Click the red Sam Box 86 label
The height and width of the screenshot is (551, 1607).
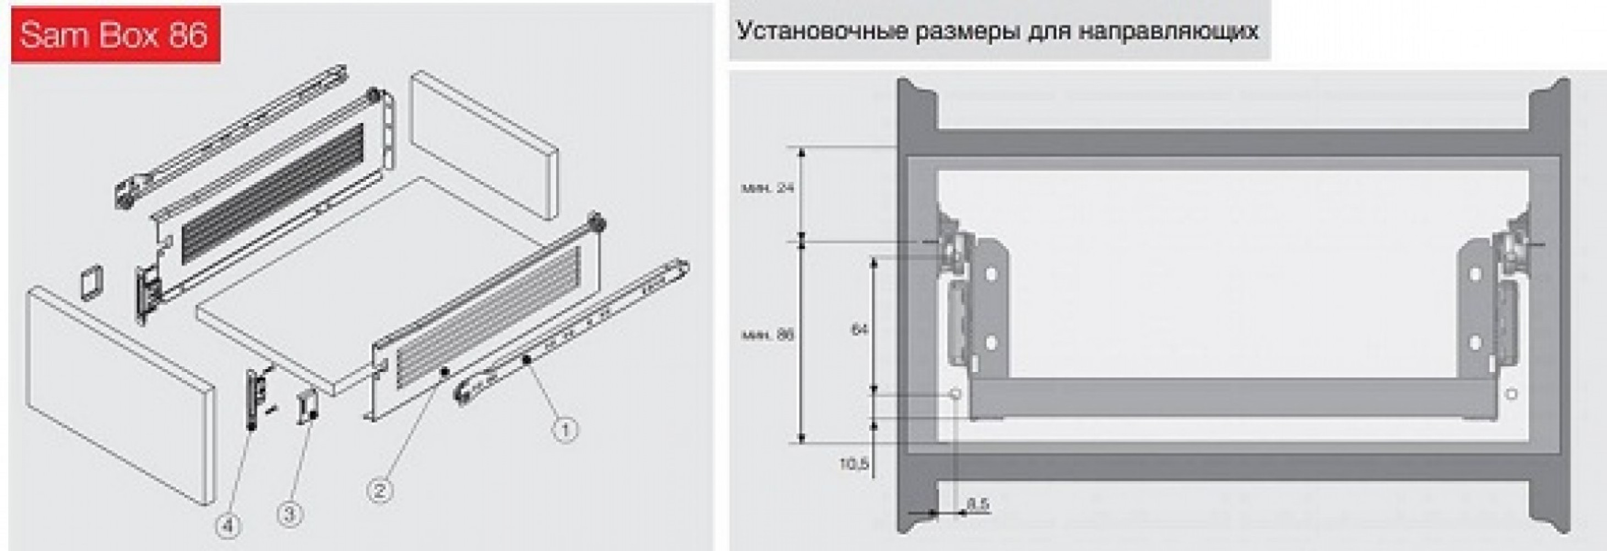click(x=116, y=34)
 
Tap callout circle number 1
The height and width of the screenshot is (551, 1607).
click(x=564, y=429)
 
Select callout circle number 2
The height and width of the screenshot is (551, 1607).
click(x=379, y=490)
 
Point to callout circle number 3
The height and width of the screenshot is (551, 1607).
click(x=290, y=515)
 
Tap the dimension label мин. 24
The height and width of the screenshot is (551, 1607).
click(x=768, y=187)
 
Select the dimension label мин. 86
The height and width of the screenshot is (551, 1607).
click(x=768, y=335)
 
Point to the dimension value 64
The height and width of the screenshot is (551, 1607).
click(x=860, y=329)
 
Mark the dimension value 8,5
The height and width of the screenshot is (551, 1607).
click(x=978, y=504)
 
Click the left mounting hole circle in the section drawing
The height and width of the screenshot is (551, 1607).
click(x=954, y=395)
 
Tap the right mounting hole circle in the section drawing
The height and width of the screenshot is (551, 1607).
click(x=1512, y=395)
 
